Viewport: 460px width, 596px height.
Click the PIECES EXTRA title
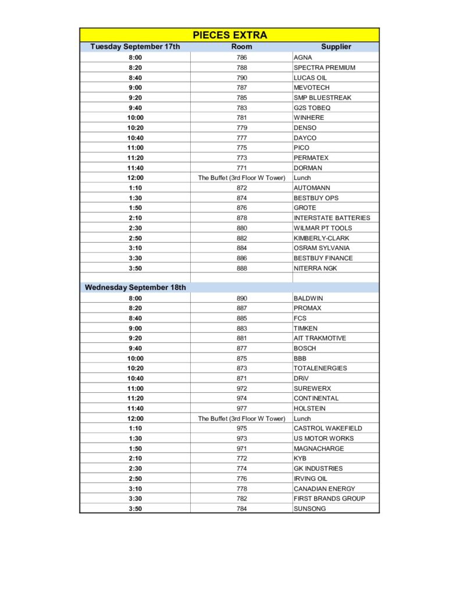click(x=230, y=35)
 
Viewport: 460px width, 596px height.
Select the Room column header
click(x=241, y=47)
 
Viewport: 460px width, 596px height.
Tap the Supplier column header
click(x=336, y=47)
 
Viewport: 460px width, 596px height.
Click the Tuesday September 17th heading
click(x=135, y=47)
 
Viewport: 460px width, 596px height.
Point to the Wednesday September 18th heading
click(x=135, y=288)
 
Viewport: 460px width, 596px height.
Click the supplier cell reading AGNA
click(x=303, y=58)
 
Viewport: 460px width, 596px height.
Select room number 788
click(x=241, y=68)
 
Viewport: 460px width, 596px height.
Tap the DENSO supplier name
click(x=305, y=127)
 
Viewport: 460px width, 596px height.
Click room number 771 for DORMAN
click(x=241, y=168)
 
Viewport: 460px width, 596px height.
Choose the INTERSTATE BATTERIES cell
click(x=331, y=218)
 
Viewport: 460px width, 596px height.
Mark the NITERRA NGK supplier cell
click(x=315, y=268)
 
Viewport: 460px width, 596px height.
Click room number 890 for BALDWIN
click(x=241, y=298)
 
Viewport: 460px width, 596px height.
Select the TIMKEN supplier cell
click(x=306, y=328)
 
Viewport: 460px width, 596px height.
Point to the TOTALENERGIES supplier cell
click(x=320, y=368)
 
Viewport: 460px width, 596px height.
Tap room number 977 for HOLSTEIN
click(x=241, y=409)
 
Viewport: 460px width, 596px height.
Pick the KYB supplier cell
click(x=300, y=459)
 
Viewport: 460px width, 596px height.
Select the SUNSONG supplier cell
click(x=309, y=509)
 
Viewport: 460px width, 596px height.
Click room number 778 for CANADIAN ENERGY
click(x=241, y=489)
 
